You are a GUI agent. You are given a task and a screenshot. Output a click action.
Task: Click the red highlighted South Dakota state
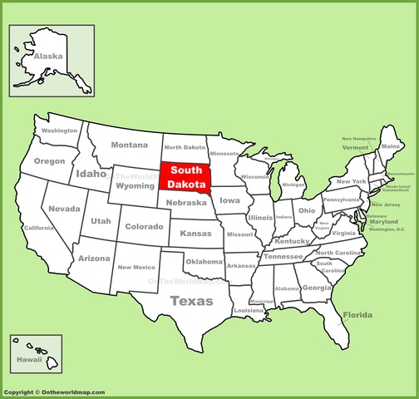185,176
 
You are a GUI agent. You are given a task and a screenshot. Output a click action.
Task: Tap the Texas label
191,301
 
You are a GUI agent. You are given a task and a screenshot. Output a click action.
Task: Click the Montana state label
129,145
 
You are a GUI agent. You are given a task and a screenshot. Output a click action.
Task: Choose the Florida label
357,315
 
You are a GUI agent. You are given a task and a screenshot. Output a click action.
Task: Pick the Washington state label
60,131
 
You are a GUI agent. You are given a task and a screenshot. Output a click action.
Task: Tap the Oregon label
49,160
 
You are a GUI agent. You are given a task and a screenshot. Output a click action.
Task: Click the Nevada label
64,209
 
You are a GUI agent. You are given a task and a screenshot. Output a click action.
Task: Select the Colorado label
143,226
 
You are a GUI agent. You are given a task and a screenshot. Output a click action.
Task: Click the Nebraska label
186,202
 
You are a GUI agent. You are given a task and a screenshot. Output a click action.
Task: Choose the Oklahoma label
204,262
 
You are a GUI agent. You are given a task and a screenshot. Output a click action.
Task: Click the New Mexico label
136,267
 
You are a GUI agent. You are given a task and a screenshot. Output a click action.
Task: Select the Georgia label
316,288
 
